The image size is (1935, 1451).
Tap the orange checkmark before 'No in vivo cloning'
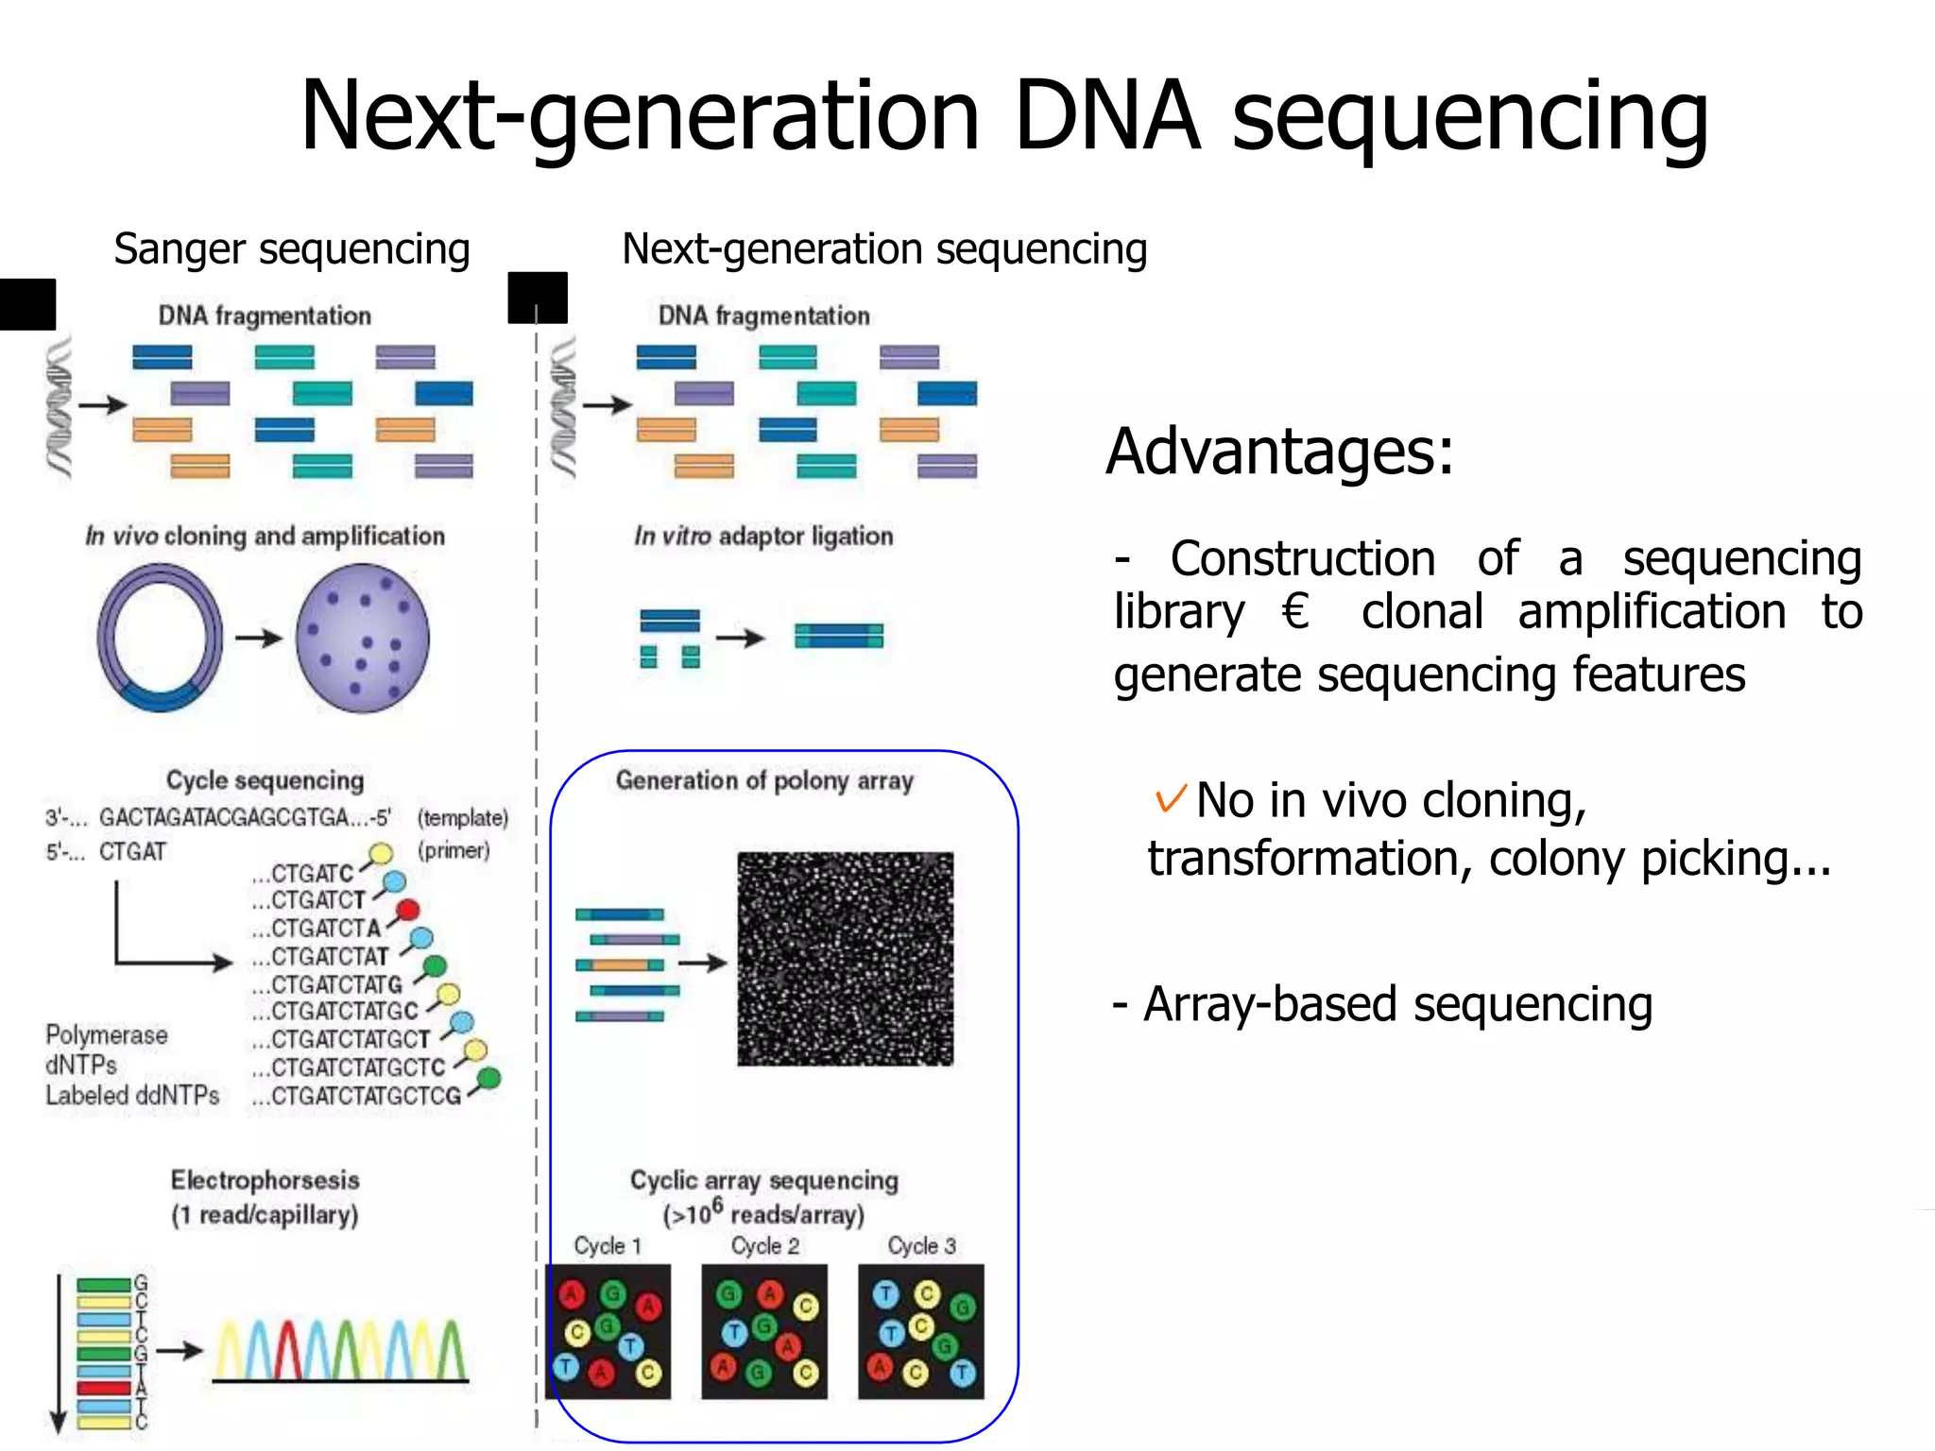click(x=1170, y=799)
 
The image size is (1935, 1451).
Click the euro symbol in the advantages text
click(x=1295, y=611)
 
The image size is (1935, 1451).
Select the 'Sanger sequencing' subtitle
click(x=291, y=249)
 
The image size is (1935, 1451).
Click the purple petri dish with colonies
click(x=363, y=638)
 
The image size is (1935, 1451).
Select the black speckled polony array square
click(x=845, y=959)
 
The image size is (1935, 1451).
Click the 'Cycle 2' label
click(x=764, y=1246)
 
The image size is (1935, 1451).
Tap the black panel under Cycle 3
click(x=920, y=1332)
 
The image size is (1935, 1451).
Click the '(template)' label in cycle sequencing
click(x=463, y=817)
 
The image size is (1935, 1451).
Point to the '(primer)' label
click(x=454, y=849)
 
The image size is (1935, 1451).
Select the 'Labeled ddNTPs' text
click(x=132, y=1096)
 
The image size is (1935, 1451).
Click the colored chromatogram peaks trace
click(x=340, y=1351)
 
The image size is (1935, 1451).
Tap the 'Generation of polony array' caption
click(x=764, y=780)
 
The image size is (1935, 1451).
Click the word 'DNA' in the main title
click(x=1106, y=116)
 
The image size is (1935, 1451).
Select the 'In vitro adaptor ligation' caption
click(x=762, y=536)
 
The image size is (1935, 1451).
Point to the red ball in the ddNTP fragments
click(x=407, y=911)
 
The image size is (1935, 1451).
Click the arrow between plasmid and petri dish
click(x=259, y=639)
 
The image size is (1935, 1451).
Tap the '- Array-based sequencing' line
click(x=1382, y=1004)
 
